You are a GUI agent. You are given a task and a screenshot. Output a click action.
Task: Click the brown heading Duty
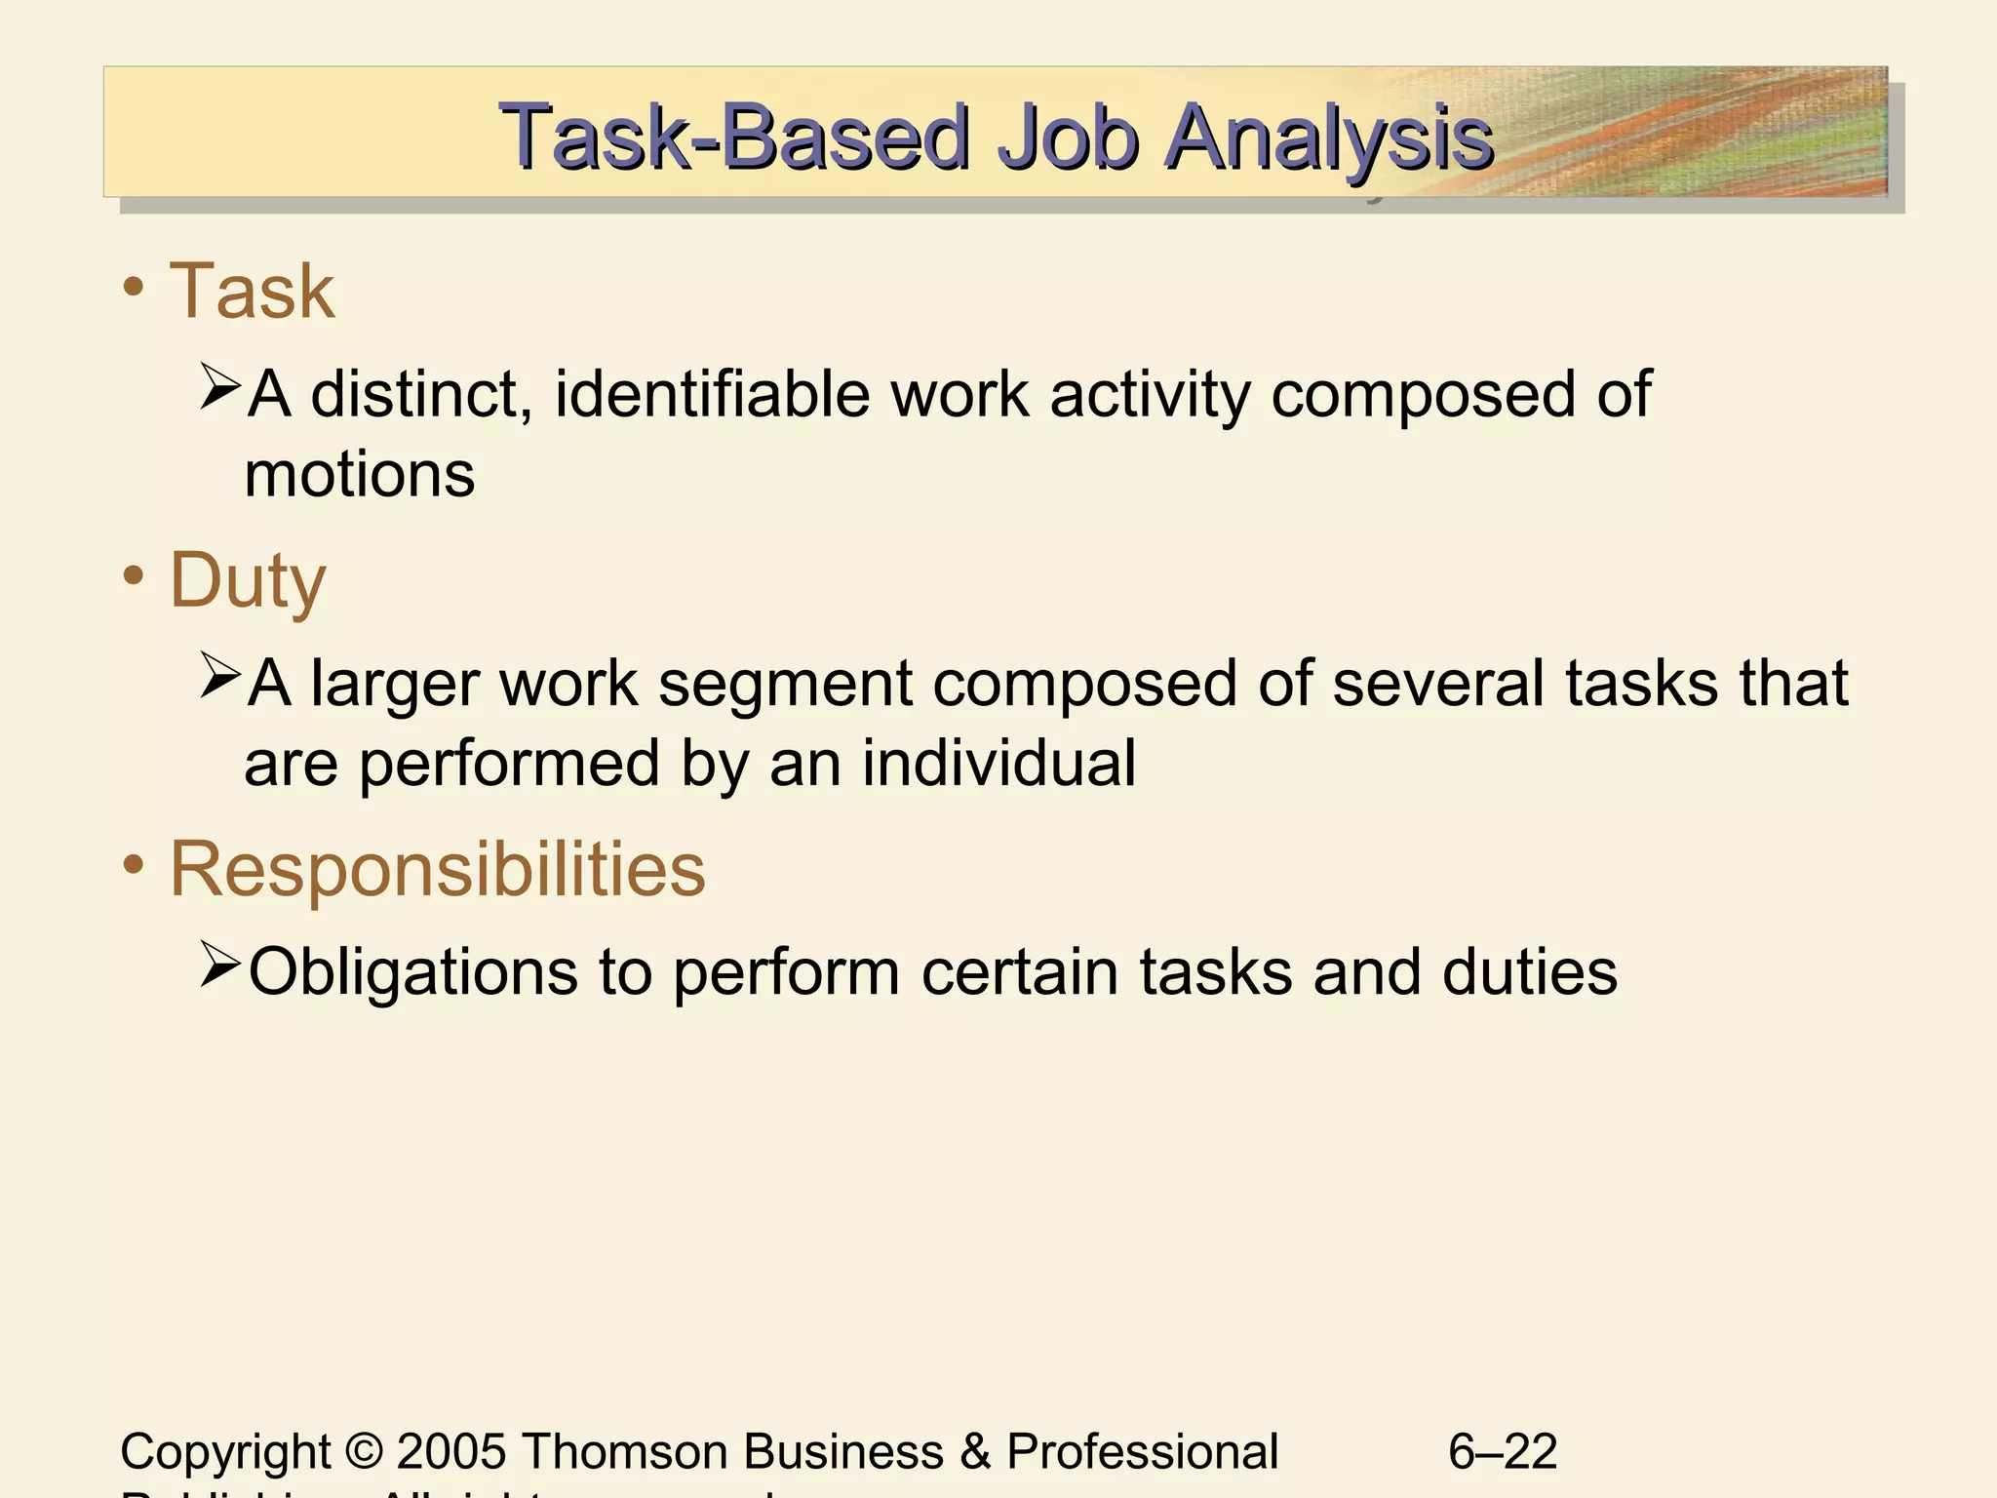coord(248,581)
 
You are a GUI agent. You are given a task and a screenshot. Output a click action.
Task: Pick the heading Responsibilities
coord(437,869)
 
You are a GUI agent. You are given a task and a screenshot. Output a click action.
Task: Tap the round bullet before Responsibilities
coord(135,864)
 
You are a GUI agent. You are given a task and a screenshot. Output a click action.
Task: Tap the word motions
coord(360,475)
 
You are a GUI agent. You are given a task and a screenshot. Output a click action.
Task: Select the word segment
coord(785,683)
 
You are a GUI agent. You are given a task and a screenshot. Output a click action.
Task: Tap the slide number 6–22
coord(1503,1451)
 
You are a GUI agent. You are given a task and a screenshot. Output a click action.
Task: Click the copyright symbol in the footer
coord(364,1451)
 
